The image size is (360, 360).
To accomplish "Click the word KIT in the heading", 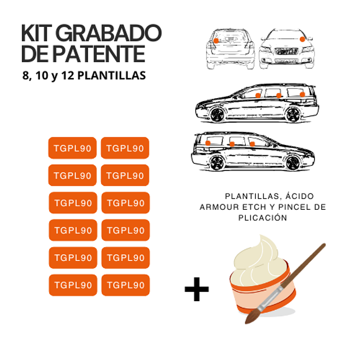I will pos(38,33).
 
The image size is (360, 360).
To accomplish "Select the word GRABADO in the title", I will pos(110,33).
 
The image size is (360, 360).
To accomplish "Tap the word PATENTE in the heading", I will pos(98,54).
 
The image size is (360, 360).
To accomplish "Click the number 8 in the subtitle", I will pos(25,75).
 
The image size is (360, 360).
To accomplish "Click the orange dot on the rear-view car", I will pos(216,41).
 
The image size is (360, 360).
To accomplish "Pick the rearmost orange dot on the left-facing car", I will pos(302,94).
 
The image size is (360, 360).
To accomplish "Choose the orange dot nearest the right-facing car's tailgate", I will pos(207,143).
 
